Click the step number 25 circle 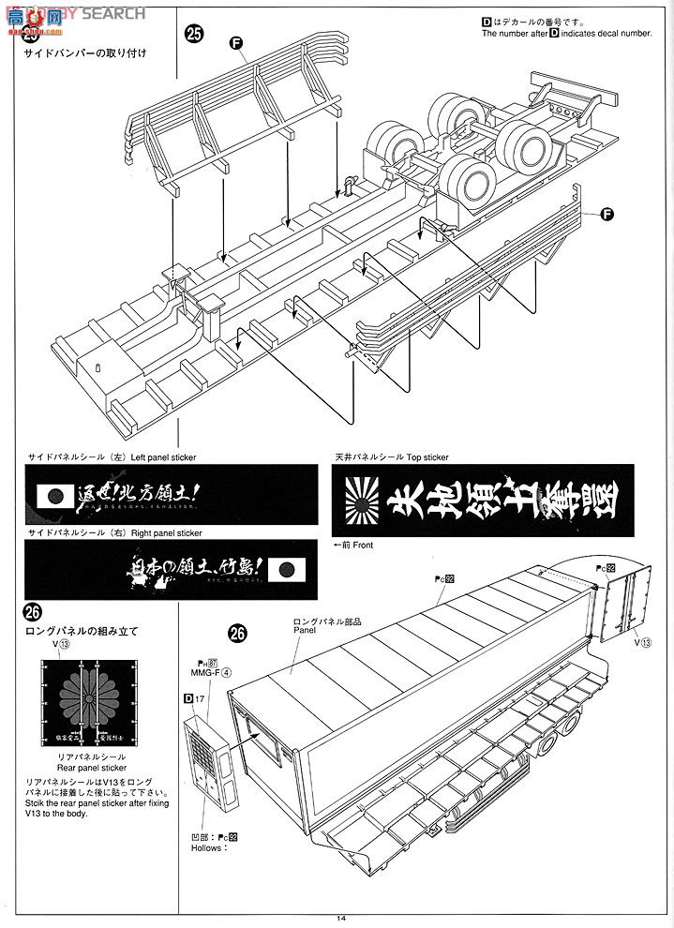click(x=194, y=35)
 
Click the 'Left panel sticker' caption click(x=163, y=457)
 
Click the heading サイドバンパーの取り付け click(x=85, y=52)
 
